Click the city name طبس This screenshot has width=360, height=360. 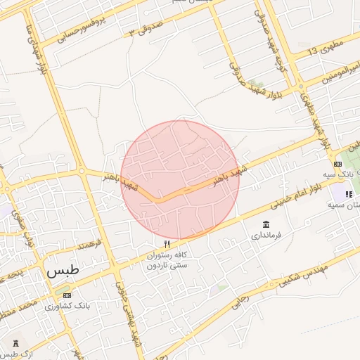[63, 270]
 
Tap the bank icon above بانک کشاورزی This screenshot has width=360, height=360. [67, 295]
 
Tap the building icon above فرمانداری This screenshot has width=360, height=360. [265, 224]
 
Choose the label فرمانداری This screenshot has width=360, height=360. [265, 236]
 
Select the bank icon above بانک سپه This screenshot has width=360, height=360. [337, 164]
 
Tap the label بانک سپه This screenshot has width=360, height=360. [337, 174]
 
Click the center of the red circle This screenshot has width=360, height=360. [180, 179]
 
